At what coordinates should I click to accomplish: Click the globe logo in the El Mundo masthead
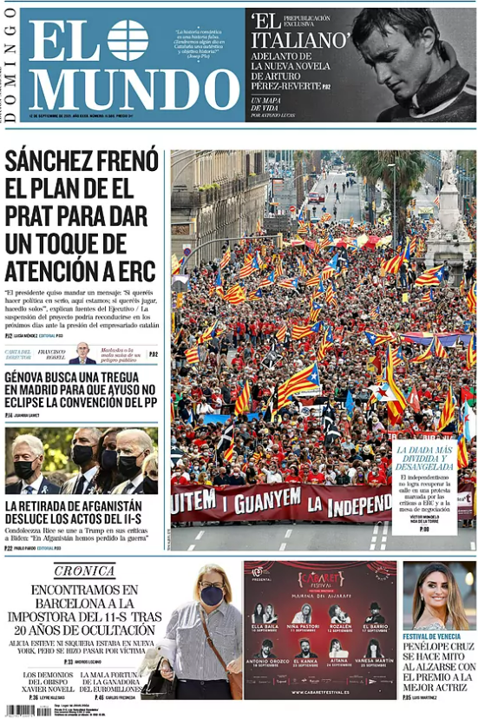128,40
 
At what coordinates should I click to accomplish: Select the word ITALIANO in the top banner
300,41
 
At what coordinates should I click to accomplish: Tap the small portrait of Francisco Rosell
83,354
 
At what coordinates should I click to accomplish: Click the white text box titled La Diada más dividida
424,487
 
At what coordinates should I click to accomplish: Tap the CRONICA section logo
84,571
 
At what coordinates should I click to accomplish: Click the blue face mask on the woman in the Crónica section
212,595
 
